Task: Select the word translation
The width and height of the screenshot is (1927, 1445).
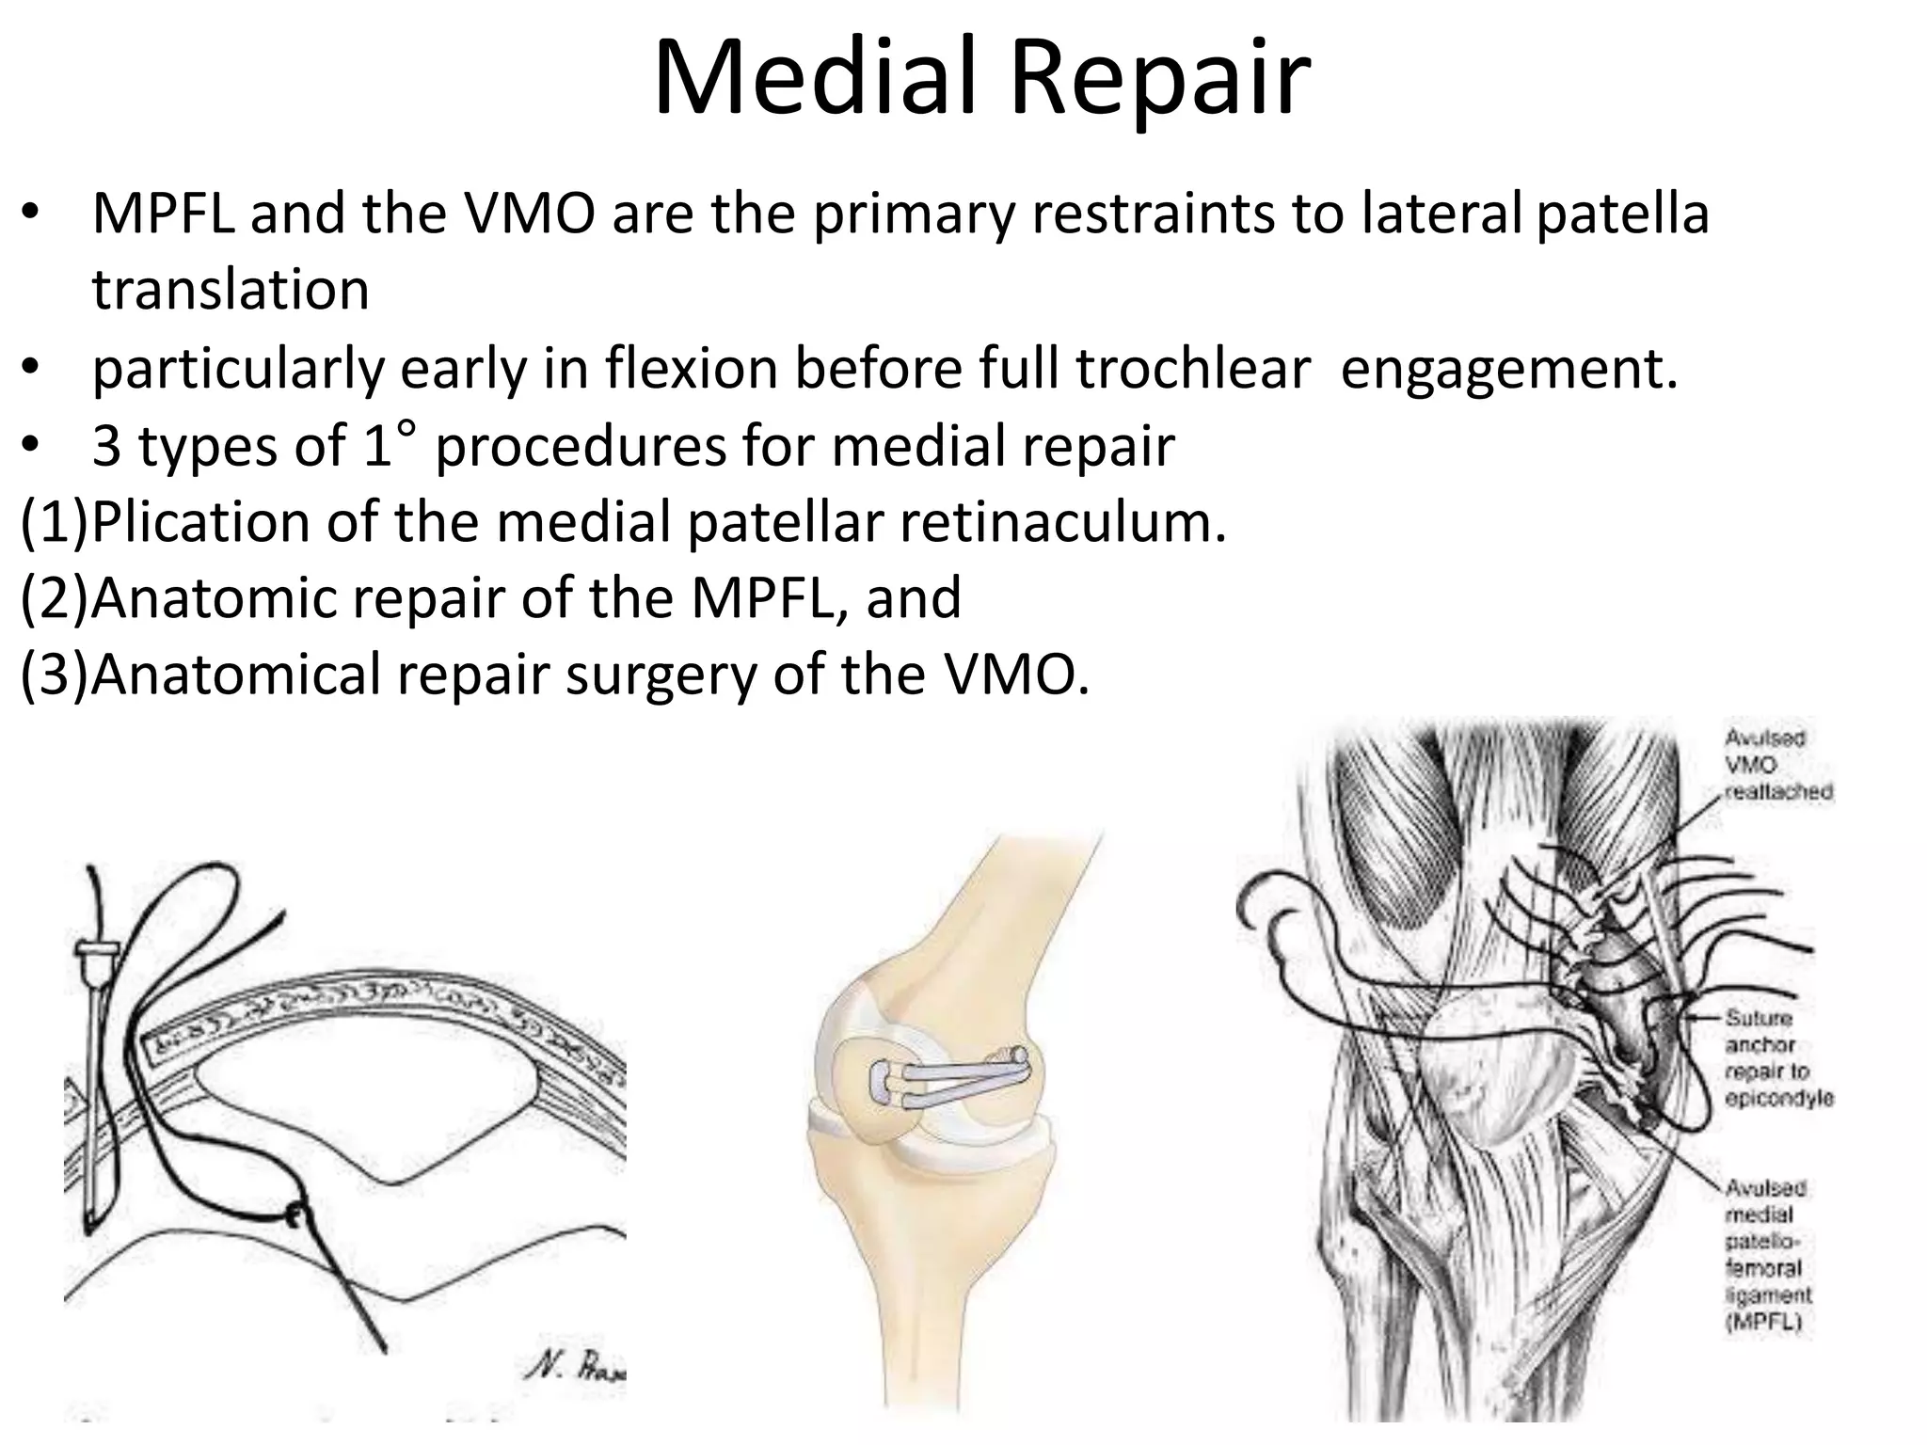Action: click(231, 289)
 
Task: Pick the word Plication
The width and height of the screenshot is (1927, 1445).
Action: click(201, 521)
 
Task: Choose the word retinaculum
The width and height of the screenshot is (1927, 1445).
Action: click(1063, 521)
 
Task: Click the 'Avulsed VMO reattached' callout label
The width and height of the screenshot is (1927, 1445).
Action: click(1778, 765)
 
